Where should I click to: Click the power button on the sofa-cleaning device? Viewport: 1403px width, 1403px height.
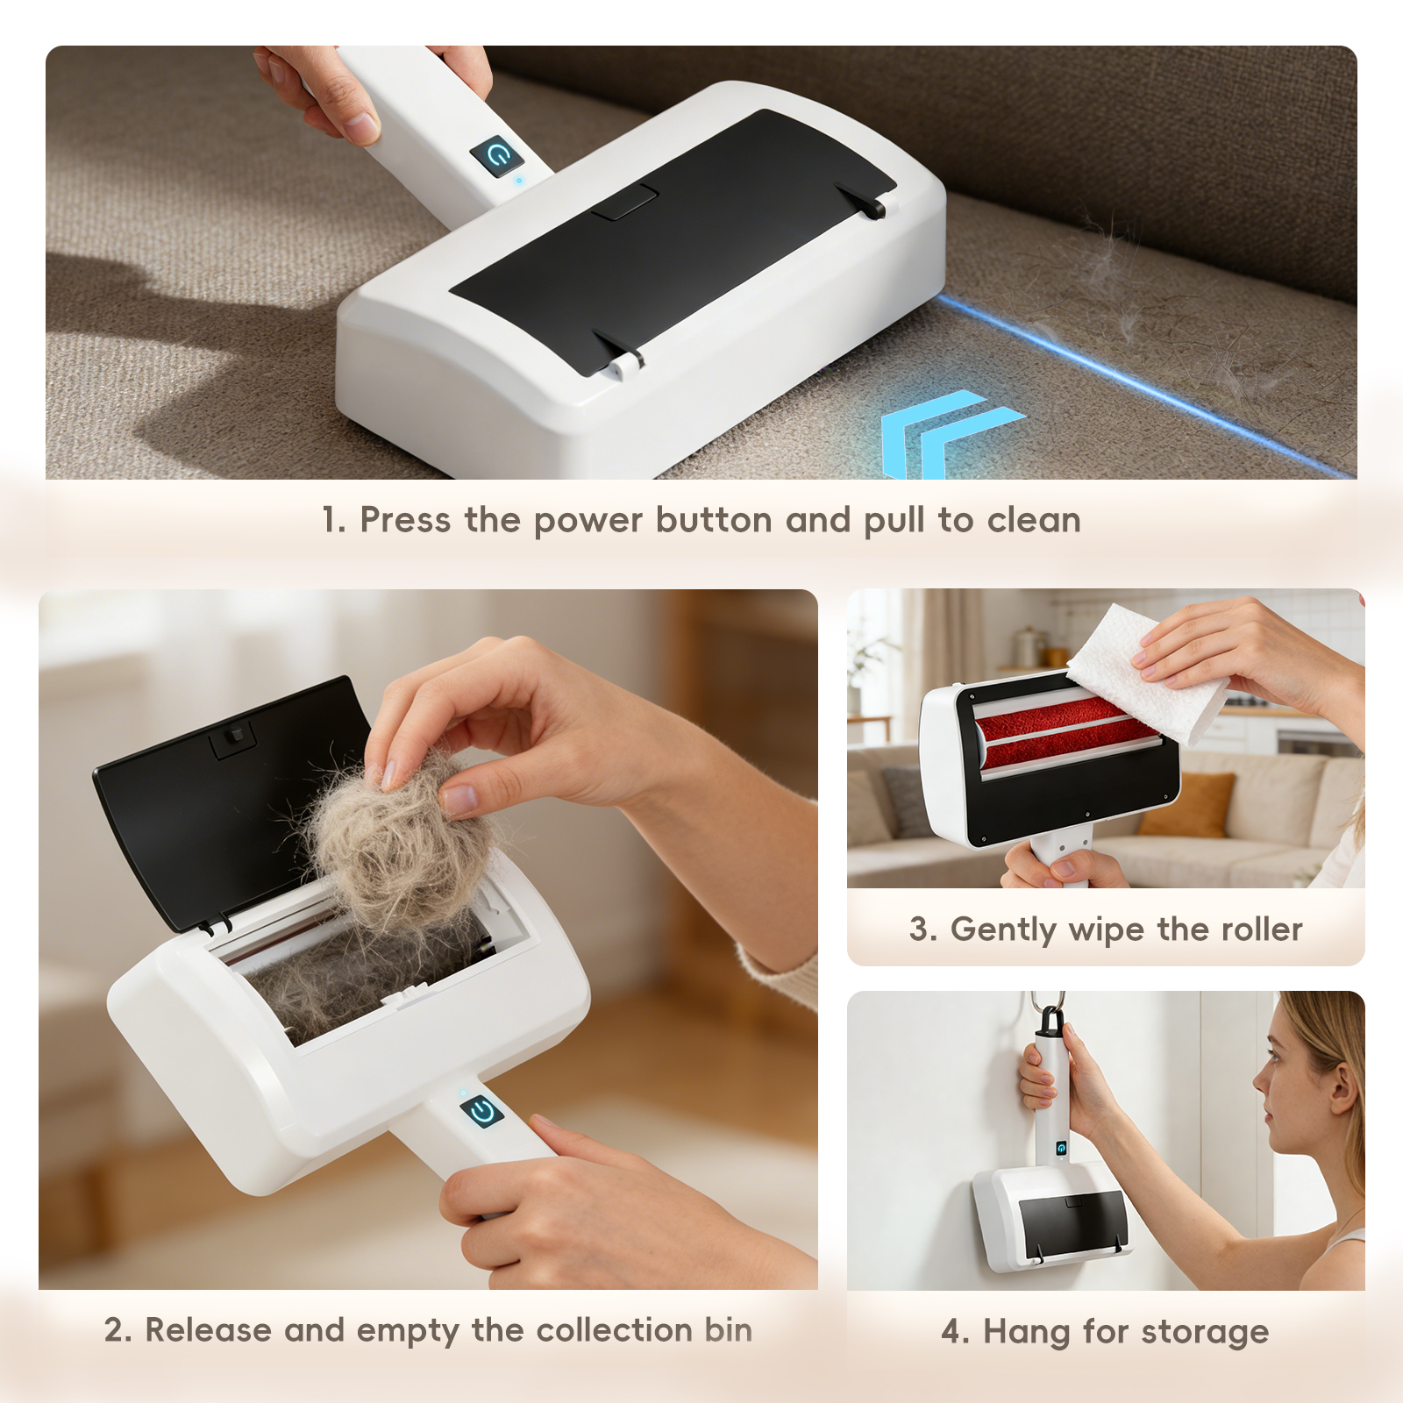497,157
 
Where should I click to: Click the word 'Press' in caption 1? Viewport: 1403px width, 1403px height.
406,520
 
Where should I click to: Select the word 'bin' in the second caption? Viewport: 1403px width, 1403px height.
728,1330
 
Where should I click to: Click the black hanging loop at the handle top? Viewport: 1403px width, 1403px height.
1050,1019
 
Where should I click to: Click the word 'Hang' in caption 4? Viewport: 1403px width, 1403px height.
1027,1333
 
